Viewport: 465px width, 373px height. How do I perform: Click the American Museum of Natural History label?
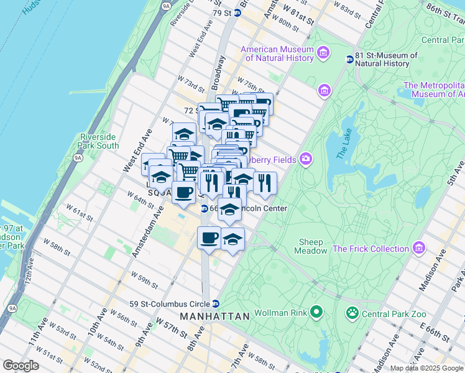pyautogui.click(x=277, y=54)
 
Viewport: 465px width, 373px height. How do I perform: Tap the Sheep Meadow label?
pyautogui.click(x=311, y=246)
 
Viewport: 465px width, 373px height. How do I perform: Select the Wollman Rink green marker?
pyautogui.click(x=316, y=311)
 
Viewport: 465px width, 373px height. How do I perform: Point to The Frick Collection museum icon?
pyautogui.click(x=419, y=249)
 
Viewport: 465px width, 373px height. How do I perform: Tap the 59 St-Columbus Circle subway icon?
pyautogui.click(x=215, y=304)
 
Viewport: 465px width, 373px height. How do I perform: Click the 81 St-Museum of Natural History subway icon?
pyautogui.click(x=350, y=60)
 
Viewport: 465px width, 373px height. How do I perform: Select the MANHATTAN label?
pyautogui.click(x=214, y=316)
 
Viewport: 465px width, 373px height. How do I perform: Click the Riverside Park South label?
pyautogui.click(x=99, y=141)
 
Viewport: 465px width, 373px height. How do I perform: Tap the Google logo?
pyautogui.click(x=21, y=366)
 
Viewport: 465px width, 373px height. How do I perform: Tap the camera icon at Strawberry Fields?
pyautogui.click(x=305, y=159)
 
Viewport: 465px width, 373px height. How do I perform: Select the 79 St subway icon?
pyautogui.click(x=246, y=12)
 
